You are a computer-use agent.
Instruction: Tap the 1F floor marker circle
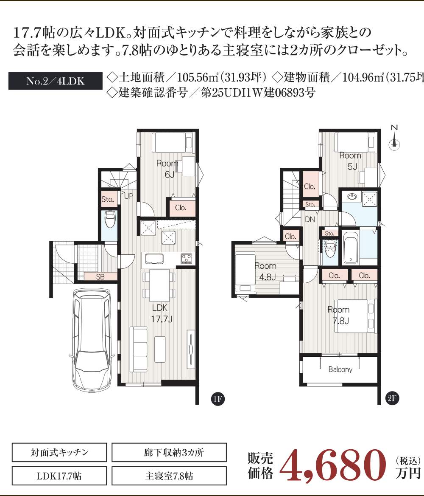point(218,399)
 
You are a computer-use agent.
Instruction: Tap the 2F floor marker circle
point(392,398)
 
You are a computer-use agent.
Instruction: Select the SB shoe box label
point(100,277)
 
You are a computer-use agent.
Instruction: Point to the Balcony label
point(340,369)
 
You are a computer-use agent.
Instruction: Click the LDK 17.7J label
point(161,313)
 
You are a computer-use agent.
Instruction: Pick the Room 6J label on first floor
point(167,169)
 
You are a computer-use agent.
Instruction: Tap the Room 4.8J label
point(266,271)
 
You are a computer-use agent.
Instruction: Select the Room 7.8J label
point(338,315)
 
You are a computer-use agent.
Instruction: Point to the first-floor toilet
point(110,219)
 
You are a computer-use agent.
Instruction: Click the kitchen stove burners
point(186,259)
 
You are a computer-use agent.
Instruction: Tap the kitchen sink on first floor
point(154,259)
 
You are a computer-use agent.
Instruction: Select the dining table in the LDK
point(159,285)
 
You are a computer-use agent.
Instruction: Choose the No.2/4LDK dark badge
point(56,81)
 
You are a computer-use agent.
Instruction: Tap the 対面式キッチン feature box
point(59,452)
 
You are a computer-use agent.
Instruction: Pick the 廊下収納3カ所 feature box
point(169,452)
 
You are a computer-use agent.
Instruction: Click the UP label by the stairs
point(128,196)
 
